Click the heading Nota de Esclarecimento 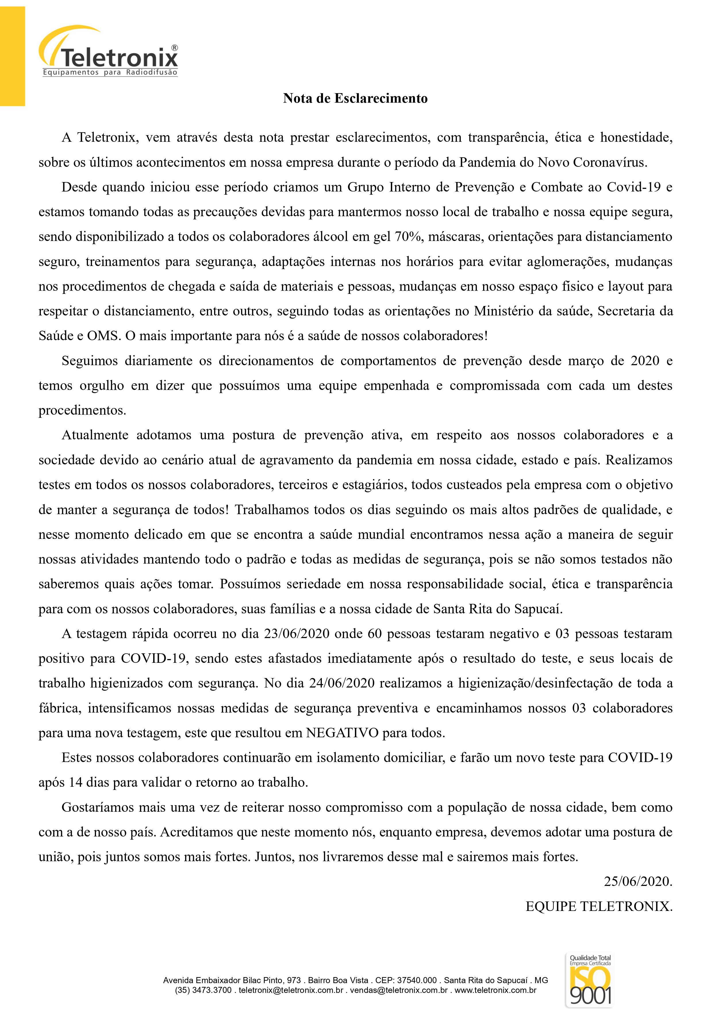[355, 98]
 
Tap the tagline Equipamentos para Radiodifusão [110, 72]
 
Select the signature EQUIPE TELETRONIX [599, 906]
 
